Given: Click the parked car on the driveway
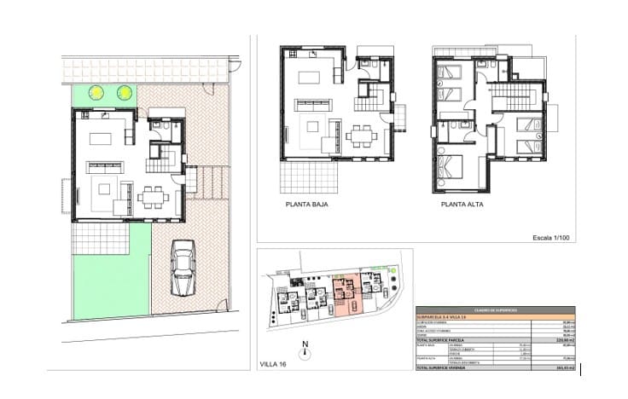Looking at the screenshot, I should click(x=182, y=268).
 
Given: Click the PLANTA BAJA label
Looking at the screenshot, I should click(x=307, y=205).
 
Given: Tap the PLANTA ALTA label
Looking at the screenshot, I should click(x=464, y=205).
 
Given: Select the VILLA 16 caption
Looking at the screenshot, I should click(x=273, y=364).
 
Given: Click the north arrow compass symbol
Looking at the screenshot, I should click(x=305, y=350).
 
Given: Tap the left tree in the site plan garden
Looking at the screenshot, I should click(x=99, y=92).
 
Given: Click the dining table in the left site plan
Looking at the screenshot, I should click(x=153, y=195).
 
